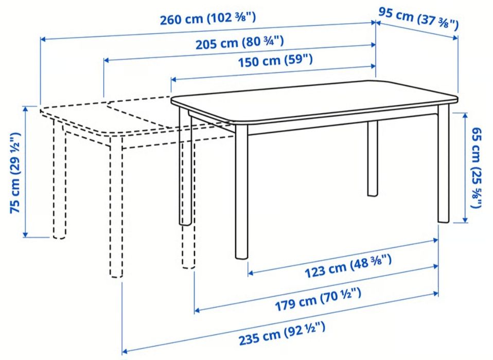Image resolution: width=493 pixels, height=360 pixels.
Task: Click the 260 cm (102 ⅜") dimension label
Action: tap(207, 21)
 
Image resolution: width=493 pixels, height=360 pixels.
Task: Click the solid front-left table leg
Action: tap(241, 195)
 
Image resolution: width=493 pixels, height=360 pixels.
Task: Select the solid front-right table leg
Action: tap(444, 165)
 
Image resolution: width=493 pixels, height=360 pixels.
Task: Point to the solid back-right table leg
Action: tap(373, 159)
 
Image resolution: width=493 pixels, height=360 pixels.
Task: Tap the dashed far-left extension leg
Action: tap(60, 180)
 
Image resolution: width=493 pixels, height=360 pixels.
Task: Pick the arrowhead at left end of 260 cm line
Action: tap(43, 39)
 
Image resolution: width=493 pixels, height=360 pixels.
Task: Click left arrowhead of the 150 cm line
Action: tap(174, 79)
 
